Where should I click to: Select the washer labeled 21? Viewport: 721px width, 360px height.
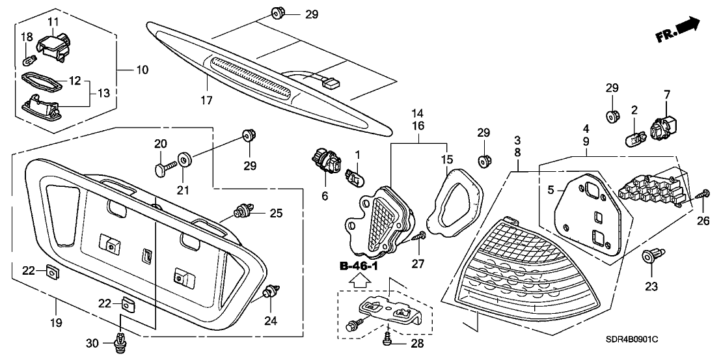pos(184,159)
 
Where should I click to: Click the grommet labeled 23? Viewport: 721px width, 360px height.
pos(652,256)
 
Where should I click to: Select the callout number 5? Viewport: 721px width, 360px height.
pos(551,190)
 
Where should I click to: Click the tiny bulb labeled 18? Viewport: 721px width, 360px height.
pos(27,61)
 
